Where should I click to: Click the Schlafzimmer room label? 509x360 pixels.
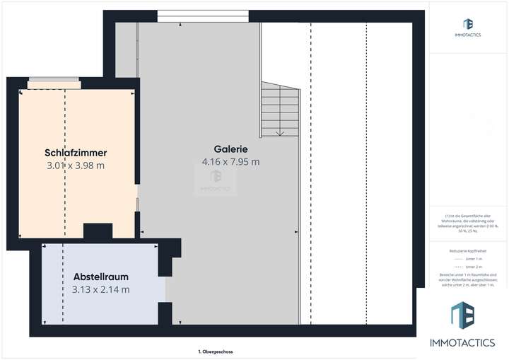tap(75, 153)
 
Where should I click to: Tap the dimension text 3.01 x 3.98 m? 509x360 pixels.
tap(75, 166)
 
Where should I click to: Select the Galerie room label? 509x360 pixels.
tap(230, 149)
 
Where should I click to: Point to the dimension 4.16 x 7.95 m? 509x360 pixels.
tap(230, 162)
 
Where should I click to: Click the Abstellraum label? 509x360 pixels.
tap(101, 277)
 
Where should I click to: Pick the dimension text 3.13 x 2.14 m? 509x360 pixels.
tap(101, 289)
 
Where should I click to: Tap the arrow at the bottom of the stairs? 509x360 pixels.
tap(280, 132)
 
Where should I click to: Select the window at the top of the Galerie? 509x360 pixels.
tap(203, 14)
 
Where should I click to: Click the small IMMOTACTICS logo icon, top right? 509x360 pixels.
tap(467, 25)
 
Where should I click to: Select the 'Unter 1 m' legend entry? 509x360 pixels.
tap(469, 259)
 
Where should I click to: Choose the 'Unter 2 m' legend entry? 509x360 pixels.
tap(469, 266)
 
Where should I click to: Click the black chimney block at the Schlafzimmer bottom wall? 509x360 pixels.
tap(98, 231)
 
